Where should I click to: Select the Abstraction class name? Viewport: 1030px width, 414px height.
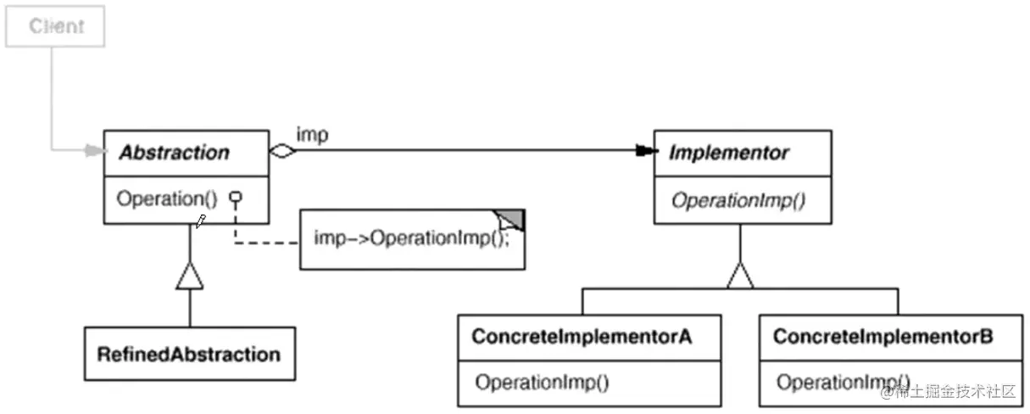[x=174, y=154]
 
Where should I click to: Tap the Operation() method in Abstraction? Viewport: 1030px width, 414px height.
[x=167, y=199]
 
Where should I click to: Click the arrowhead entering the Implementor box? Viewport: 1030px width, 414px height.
[x=646, y=152]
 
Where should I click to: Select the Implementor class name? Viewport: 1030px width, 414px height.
[x=728, y=154]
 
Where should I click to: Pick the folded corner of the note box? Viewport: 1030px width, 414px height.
[x=511, y=220]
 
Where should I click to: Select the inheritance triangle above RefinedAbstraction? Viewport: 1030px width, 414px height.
[x=189, y=276]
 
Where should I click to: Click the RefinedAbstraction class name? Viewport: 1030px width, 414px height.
[x=188, y=354]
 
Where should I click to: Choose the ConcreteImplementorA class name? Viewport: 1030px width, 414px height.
[x=582, y=337]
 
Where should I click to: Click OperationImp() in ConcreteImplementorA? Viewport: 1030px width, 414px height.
[x=542, y=382]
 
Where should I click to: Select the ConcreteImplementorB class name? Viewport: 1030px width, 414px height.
[x=882, y=337]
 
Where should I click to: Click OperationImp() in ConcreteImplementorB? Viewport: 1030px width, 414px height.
[x=843, y=382]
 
